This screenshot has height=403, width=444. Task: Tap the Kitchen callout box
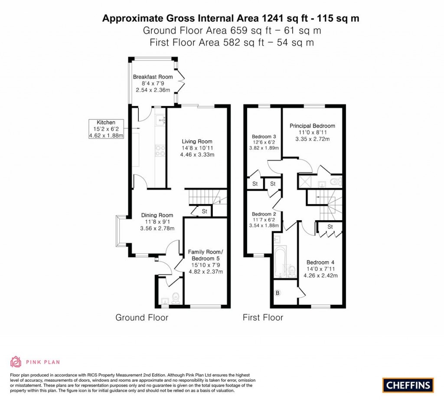pos(106,129)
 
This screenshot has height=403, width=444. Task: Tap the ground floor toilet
pos(176,297)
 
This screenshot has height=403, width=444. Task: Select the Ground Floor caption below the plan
pos(141,317)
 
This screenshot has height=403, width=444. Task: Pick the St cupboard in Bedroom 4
pos(330,227)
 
